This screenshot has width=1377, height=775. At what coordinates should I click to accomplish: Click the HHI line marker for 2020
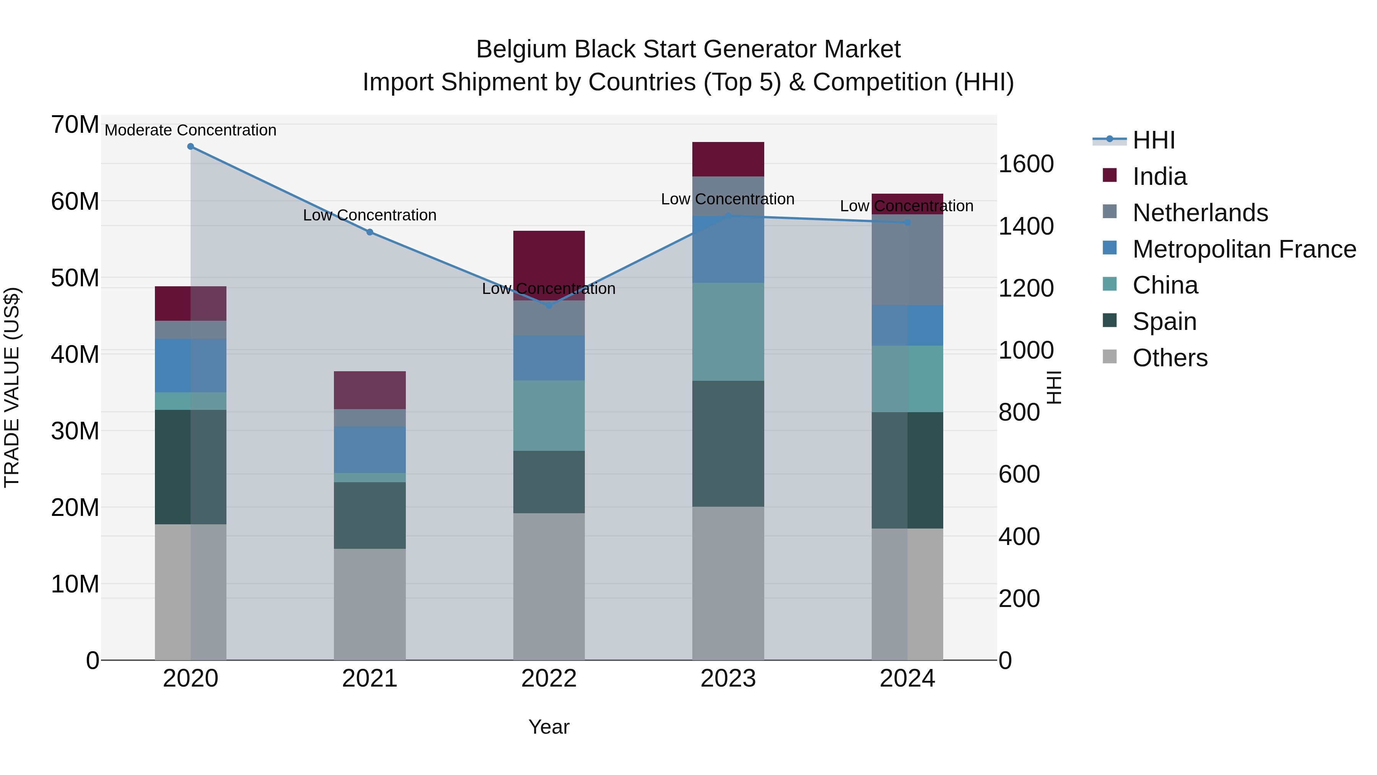[x=190, y=147]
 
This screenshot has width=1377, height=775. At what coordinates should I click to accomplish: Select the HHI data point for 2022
[x=549, y=305]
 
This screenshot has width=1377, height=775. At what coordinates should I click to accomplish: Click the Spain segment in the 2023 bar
[x=728, y=444]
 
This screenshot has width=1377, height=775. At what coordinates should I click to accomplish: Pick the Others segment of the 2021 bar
[x=369, y=604]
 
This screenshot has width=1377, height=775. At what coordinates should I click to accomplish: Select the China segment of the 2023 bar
[x=728, y=331]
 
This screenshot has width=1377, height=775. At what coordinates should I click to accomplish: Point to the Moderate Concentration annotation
[x=190, y=130]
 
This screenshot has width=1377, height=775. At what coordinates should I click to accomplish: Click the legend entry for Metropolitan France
[x=1244, y=249]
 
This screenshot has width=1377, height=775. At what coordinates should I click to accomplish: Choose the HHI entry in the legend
[x=1154, y=140]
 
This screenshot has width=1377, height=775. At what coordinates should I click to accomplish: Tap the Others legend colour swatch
[x=1109, y=357]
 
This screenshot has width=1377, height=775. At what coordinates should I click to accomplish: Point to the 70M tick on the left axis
[x=75, y=125]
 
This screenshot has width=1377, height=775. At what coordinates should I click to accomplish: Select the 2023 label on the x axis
[x=728, y=679]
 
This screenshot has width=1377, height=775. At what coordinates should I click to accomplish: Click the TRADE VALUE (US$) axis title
[x=12, y=387]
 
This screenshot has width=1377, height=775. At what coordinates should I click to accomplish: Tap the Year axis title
[x=549, y=727]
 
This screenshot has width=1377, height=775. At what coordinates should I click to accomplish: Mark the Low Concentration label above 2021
[x=369, y=215]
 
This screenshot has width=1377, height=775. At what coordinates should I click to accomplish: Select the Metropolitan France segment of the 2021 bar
[x=369, y=449]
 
